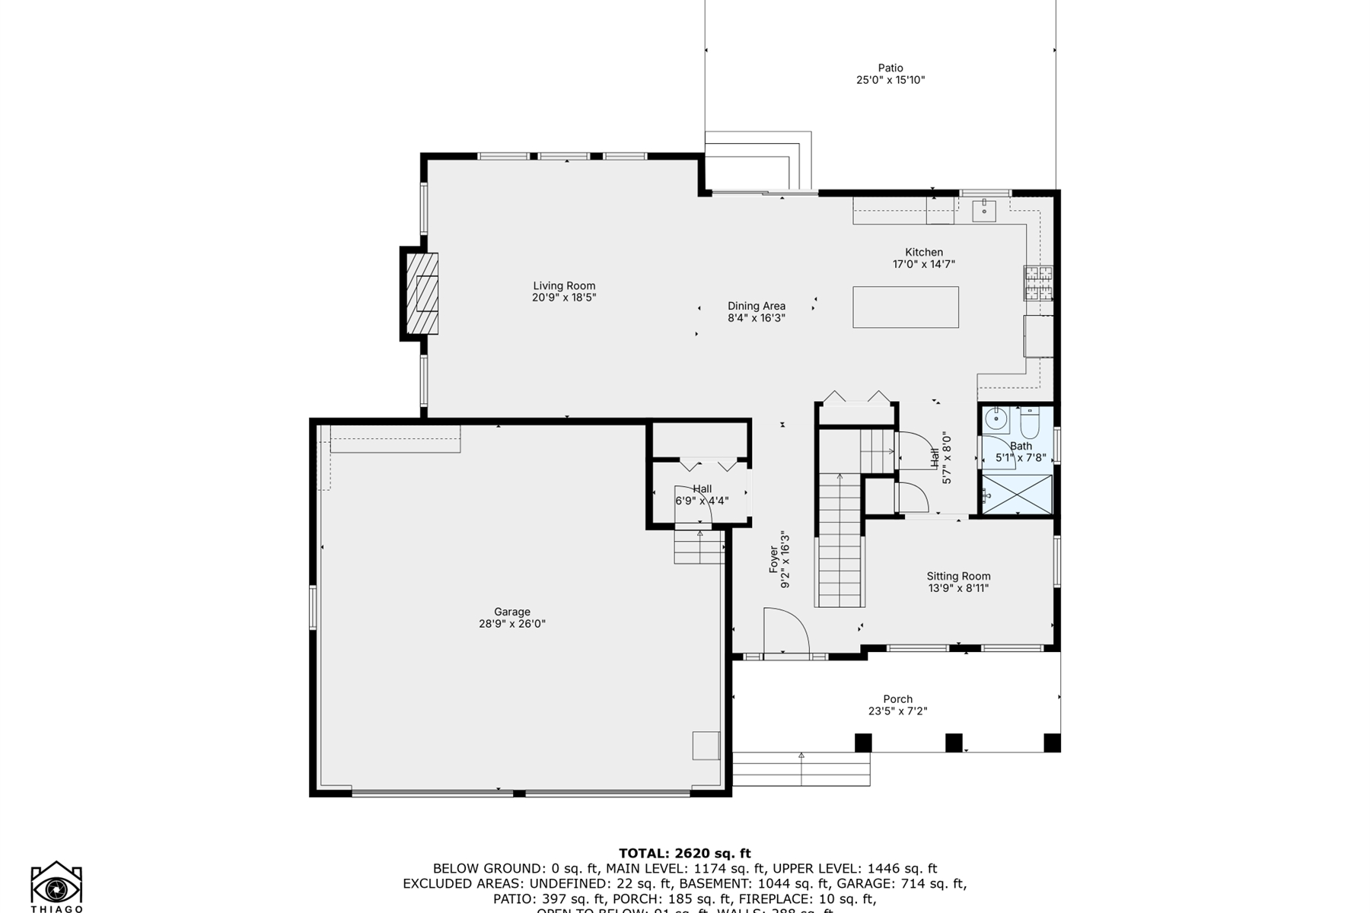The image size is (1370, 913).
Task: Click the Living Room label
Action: click(564, 286)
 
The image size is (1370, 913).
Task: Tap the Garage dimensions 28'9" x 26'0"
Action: click(511, 624)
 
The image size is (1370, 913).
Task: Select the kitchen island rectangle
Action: click(905, 307)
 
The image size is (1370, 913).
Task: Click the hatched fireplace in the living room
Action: click(422, 293)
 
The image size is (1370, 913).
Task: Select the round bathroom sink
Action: click(996, 418)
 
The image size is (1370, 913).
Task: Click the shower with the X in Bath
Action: click(1017, 495)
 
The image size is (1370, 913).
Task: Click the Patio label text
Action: click(890, 68)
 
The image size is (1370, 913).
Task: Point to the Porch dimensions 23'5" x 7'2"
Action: click(897, 711)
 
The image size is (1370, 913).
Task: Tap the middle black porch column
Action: click(954, 743)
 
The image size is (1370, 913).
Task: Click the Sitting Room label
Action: click(957, 576)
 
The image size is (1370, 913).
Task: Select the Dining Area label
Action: click(756, 306)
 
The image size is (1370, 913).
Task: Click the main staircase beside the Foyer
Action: click(840, 540)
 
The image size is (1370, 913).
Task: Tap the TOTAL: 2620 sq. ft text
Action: click(684, 853)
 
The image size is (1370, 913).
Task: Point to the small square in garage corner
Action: click(706, 746)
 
